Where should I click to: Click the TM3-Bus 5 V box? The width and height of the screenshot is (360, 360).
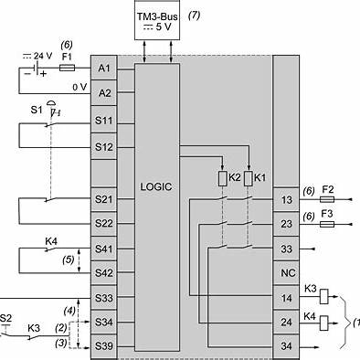tap(157, 20)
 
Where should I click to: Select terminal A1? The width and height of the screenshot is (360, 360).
tap(104, 68)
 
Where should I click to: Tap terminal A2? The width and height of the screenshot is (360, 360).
tap(104, 93)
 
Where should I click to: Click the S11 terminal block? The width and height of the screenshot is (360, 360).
tap(104, 121)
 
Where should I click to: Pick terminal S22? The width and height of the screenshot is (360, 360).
tap(104, 224)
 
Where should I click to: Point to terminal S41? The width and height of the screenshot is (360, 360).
tap(104, 249)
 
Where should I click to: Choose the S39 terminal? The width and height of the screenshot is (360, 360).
tap(104, 346)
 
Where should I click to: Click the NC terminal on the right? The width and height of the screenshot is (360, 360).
tap(286, 273)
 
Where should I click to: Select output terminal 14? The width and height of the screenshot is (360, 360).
tap(286, 298)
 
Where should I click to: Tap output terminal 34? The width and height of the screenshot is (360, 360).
tap(286, 346)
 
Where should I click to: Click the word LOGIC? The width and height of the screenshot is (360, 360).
tap(156, 186)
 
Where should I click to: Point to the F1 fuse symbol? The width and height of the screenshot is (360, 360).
tap(67, 68)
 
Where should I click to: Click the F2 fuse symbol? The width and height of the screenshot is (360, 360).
tap(327, 199)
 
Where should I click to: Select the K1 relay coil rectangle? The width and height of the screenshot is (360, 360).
tap(249, 178)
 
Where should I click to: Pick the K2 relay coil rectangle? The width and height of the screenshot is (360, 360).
tap(223, 178)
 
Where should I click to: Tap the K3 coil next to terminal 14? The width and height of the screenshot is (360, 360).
tap(323, 297)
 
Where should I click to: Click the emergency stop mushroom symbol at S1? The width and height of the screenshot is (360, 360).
tap(51, 103)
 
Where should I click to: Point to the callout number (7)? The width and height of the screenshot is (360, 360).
tap(194, 16)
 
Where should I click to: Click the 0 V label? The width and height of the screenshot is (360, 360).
tap(79, 87)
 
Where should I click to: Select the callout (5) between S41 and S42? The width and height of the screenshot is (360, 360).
tap(69, 259)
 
